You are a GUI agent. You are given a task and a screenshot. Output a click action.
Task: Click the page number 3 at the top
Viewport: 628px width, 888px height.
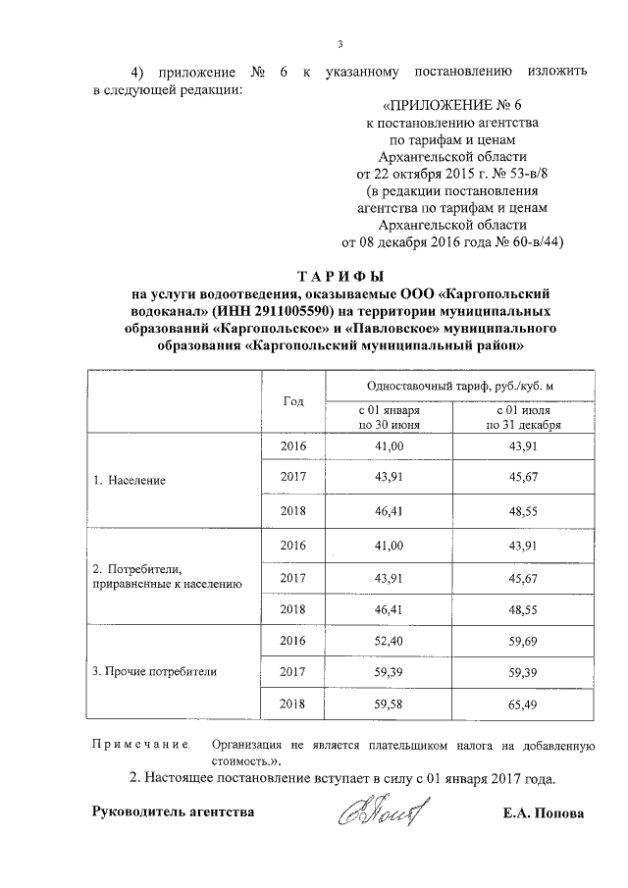pyautogui.click(x=340, y=43)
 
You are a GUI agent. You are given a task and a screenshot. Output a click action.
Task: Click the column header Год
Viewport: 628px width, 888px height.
pyautogui.click(x=293, y=401)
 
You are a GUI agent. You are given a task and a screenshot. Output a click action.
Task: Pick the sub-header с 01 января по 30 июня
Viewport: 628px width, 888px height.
pyautogui.click(x=389, y=418)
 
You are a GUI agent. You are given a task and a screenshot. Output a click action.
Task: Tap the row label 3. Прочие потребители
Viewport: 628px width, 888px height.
pyautogui.click(x=154, y=672)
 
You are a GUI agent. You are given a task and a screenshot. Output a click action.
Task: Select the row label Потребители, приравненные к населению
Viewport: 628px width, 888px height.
pyautogui.click(x=165, y=577)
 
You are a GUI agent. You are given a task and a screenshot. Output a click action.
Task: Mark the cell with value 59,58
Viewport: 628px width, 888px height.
pyautogui.click(x=390, y=704)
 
